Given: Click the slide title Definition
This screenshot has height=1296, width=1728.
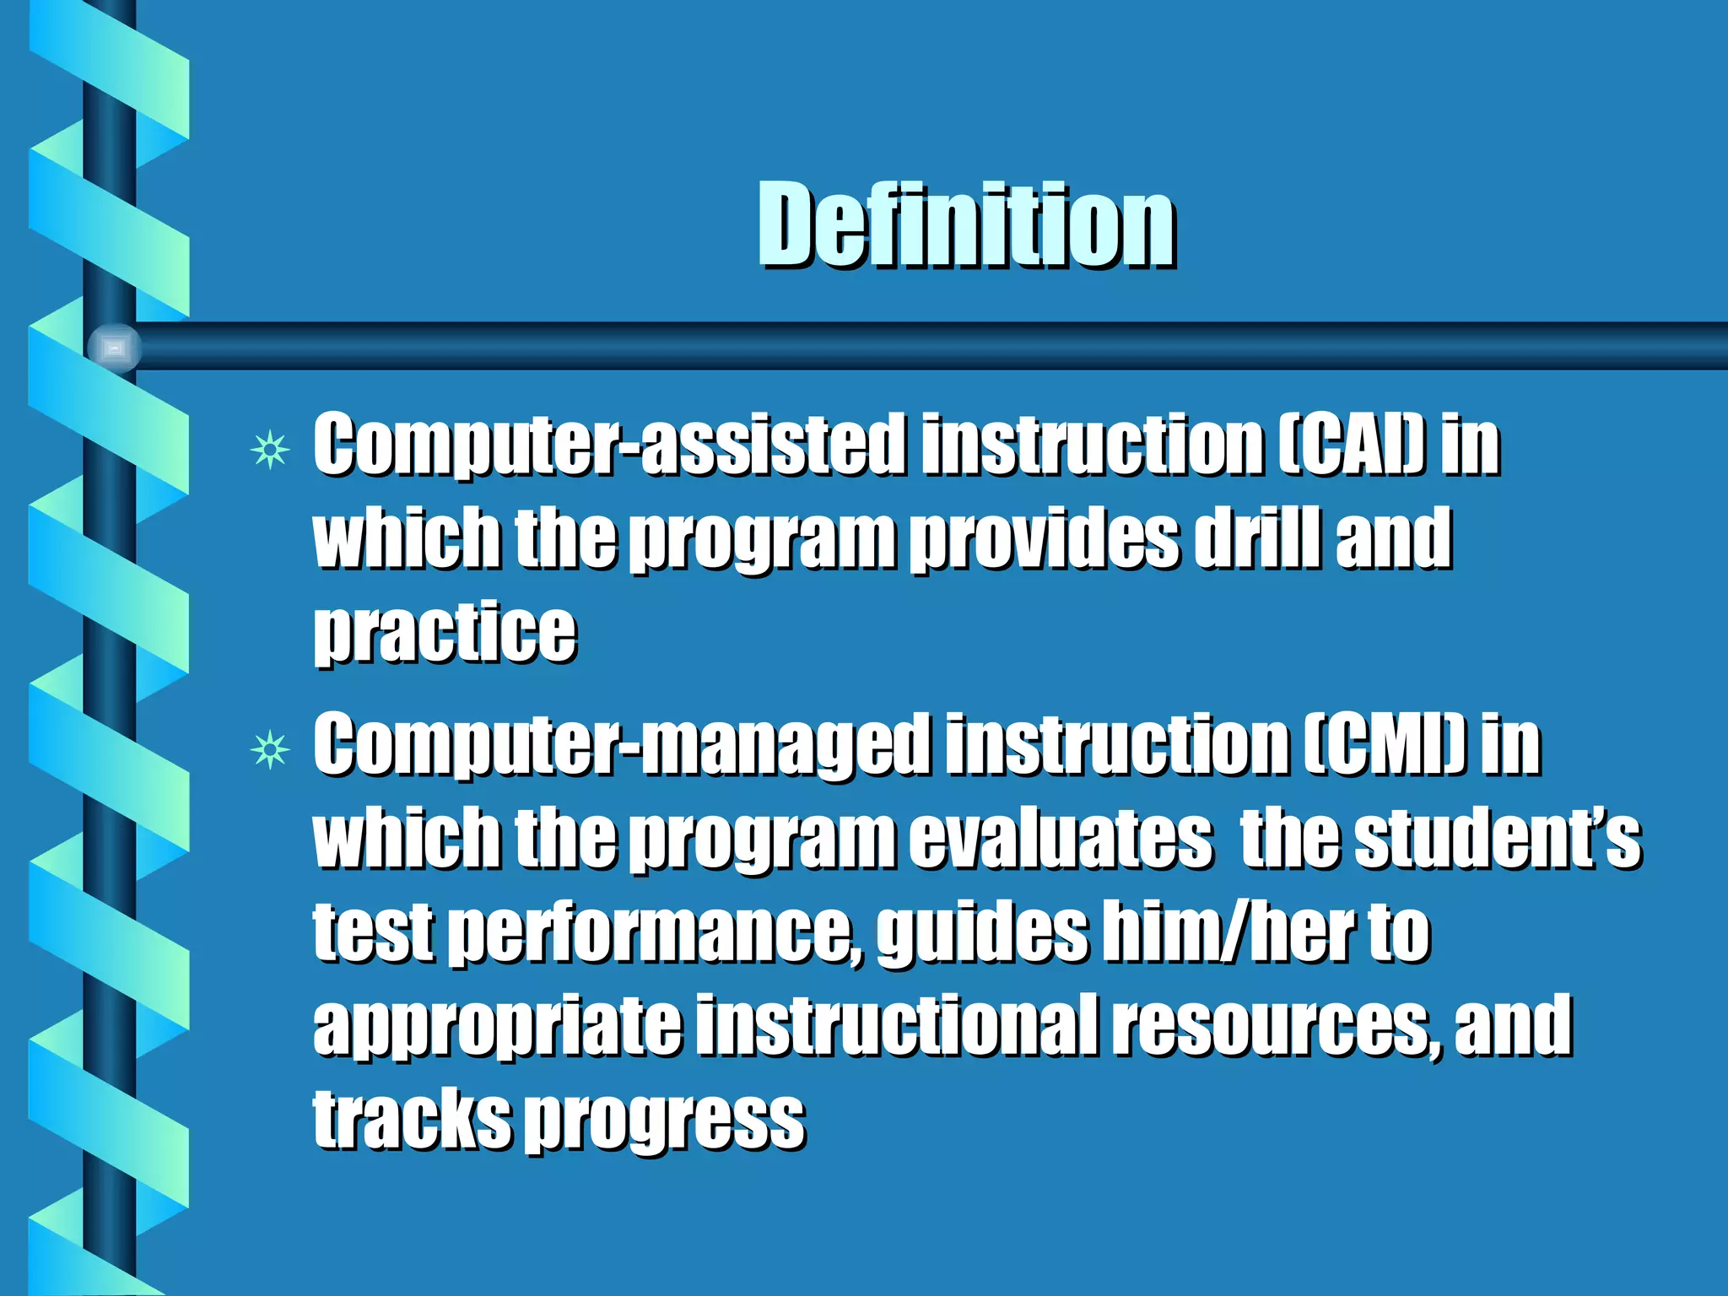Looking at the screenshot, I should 965,226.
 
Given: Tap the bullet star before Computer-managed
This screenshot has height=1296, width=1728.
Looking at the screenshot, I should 270,749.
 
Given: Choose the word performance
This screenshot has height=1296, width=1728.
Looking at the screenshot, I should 655,934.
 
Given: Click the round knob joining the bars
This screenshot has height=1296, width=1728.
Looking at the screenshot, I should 114,348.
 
